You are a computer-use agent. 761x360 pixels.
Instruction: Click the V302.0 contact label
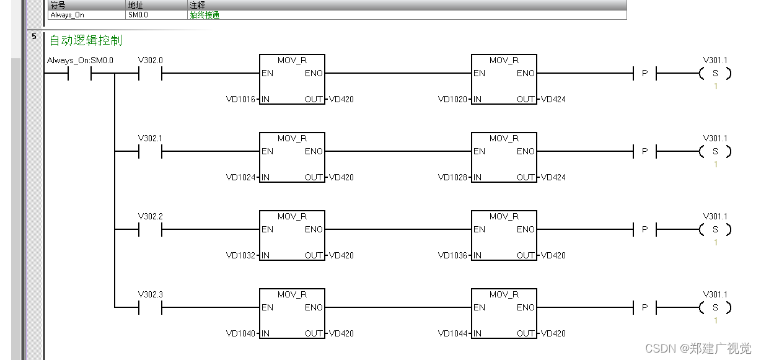(x=150, y=61)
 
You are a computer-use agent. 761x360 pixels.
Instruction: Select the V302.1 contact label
(x=150, y=139)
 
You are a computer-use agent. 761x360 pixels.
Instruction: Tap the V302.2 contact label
(x=150, y=217)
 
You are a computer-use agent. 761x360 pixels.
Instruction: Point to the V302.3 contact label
(x=150, y=295)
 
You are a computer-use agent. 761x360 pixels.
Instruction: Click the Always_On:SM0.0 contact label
(x=80, y=61)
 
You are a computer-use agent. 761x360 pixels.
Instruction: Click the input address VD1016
(x=241, y=99)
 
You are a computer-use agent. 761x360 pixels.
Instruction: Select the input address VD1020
(x=453, y=99)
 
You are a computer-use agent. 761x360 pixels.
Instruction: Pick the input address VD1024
(x=241, y=177)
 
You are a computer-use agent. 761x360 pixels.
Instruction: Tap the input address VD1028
(x=453, y=177)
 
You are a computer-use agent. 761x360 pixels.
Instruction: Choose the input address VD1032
(x=241, y=255)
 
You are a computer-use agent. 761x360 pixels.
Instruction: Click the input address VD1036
(x=453, y=255)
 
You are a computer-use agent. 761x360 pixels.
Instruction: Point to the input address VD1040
(x=241, y=333)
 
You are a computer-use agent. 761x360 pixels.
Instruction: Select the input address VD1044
(x=453, y=333)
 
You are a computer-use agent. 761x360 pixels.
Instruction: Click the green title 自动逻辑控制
(x=86, y=41)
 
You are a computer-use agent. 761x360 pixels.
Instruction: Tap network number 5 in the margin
(x=34, y=37)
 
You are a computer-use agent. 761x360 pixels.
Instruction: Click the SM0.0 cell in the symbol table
(x=138, y=15)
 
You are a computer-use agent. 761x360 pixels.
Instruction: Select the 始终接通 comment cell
(x=205, y=15)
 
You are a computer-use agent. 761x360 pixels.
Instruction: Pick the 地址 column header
(x=135, y=5)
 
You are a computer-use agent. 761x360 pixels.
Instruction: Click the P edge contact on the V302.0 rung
(x=644, y=74)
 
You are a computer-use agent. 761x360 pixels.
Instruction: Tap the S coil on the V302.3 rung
(x=715, y=308)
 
